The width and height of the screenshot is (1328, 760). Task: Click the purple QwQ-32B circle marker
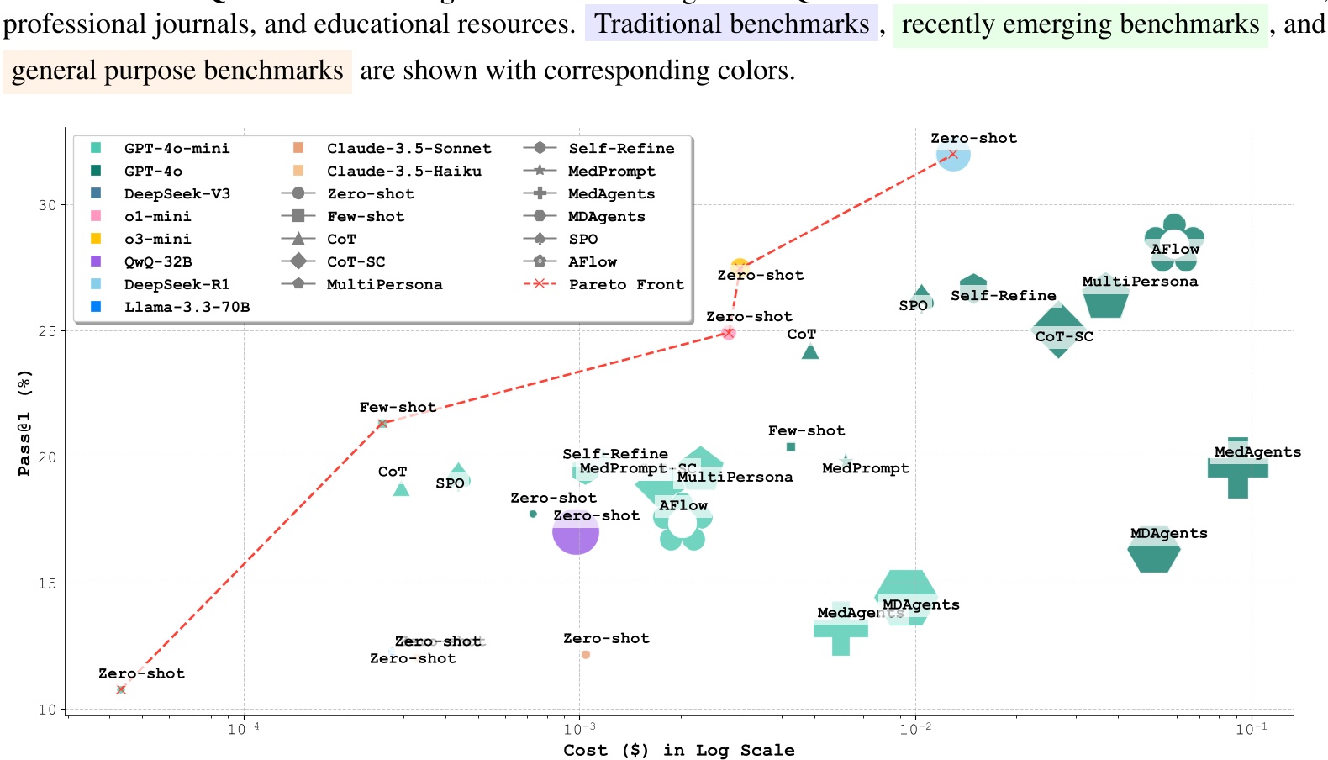(x=576, y=532)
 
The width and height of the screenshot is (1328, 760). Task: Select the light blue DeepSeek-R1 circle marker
(x=953, y=155)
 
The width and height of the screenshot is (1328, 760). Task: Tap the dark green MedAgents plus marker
(x=1237, y=468)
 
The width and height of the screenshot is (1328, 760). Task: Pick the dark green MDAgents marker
(x=1153, y=553)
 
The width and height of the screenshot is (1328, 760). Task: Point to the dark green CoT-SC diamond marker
(x=1058, y=331)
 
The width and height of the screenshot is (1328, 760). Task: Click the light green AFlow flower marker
(x=682, y=523)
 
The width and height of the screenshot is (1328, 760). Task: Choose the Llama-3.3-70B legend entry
(x=187, y=307)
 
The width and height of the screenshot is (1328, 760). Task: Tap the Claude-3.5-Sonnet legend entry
(x=408, y=148)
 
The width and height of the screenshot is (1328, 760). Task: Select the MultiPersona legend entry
(x=384, y=284)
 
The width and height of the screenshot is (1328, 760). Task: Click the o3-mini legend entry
(x=157, y=239)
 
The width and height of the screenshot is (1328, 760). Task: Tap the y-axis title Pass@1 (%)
(x=24, y=423)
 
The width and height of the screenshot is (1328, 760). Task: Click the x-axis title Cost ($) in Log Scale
(x=679, y=750)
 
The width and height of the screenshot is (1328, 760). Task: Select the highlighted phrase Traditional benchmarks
(x=731, y=24)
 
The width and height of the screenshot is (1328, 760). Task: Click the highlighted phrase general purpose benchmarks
(x=177, y=71)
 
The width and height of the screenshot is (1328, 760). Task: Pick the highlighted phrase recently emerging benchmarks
(x=1080, y=24)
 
